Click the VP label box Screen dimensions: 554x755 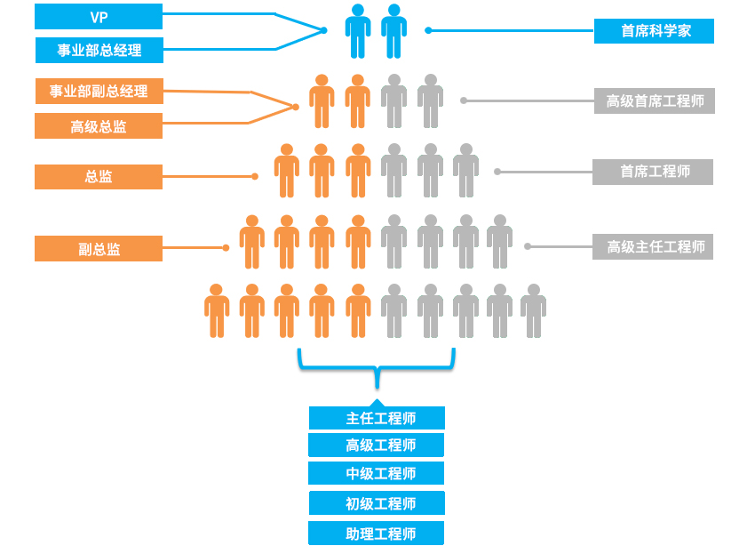click(99, 17)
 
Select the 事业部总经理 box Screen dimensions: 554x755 click(99, 51)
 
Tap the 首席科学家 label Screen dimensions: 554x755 click(655, 31)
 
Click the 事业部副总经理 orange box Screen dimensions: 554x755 click(99, 91)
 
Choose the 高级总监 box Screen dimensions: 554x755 click(99, 126)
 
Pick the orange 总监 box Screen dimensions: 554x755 click(99, 177)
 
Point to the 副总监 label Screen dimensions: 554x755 click(99, 249)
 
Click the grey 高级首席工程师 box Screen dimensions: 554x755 click(655, 100)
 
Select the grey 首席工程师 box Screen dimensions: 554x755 click(653, 172)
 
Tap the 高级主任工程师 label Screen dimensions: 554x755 click(654, 246)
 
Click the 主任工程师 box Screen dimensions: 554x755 click(377, 418)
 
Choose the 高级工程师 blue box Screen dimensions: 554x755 click(376, 446)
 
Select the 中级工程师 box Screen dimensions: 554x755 click(376, 473)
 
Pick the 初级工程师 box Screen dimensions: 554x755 click(377, 503)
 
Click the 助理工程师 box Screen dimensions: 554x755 click(376, 534)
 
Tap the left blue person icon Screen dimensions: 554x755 click(358, 31)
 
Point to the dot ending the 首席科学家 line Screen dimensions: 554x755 click(428, 30)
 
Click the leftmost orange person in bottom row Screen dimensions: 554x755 click(217, 311)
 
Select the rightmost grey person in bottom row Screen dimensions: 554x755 click(533, 311)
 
